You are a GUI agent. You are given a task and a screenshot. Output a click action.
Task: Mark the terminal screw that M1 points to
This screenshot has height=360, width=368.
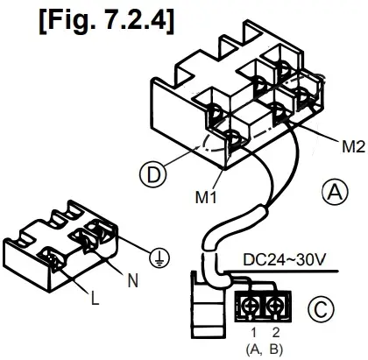click(x=233, y=138)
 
